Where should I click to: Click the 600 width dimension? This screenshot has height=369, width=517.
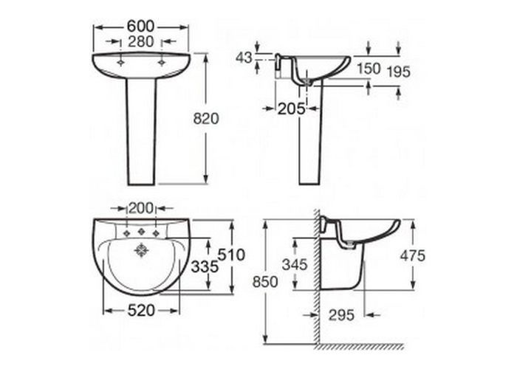tap(141, 27)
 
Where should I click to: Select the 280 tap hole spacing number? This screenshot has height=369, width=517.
tap(141, 42)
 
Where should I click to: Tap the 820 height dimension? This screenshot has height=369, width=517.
tap(206, 119)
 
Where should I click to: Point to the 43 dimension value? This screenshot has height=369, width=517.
tap(244, 58)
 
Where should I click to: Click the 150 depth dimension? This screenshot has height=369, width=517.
tap(369, 69)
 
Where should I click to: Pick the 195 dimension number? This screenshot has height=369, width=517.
tap(398, 72)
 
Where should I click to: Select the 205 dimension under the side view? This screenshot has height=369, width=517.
tap(292, 108)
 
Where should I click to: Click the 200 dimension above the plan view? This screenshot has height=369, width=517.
tap(141, 208)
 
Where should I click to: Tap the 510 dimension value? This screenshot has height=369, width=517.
tap(231, 255)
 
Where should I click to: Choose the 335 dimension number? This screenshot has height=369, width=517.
tap(205, 267)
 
